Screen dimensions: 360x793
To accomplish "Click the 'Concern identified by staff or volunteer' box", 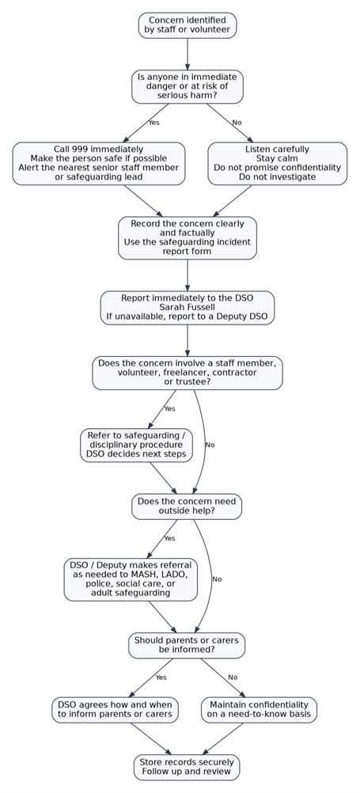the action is [x=187, y=25].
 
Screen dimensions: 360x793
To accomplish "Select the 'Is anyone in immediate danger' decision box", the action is [x=187, y=86].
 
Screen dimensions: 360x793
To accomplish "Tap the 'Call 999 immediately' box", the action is [x=99, y=163].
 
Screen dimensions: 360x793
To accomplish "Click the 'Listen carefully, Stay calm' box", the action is [x=277, y=163].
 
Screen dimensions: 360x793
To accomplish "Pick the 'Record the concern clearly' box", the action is [x=187, y=237].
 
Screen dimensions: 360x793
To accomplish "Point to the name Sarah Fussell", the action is [x=187, y=308].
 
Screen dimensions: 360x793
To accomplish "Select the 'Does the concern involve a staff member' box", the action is [x=187, y=373].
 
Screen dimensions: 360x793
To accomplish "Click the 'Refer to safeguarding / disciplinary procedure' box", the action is [x=136, y=445].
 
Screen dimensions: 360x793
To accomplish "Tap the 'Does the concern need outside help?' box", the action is [x=187, y=507].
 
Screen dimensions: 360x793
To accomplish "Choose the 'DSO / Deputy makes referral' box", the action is [x=131, y=579].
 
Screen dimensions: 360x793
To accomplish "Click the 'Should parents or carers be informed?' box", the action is [x=187, y=645].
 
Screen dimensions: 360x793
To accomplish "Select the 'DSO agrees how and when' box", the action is [x=115, y=710].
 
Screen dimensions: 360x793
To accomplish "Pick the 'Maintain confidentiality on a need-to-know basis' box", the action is [x=259, y=710].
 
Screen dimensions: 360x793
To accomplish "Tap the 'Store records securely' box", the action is [x=187, y=767].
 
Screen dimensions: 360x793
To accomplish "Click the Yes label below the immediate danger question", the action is [x=153, y=123].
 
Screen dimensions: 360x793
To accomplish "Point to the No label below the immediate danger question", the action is [x=237, y=123].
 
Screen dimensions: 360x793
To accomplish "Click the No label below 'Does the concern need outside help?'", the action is [x=217, y=579].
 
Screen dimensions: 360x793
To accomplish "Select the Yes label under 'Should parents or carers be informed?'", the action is [x=161, y=677].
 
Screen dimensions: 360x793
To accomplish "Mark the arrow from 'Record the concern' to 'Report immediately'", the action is [x=187, y=275].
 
